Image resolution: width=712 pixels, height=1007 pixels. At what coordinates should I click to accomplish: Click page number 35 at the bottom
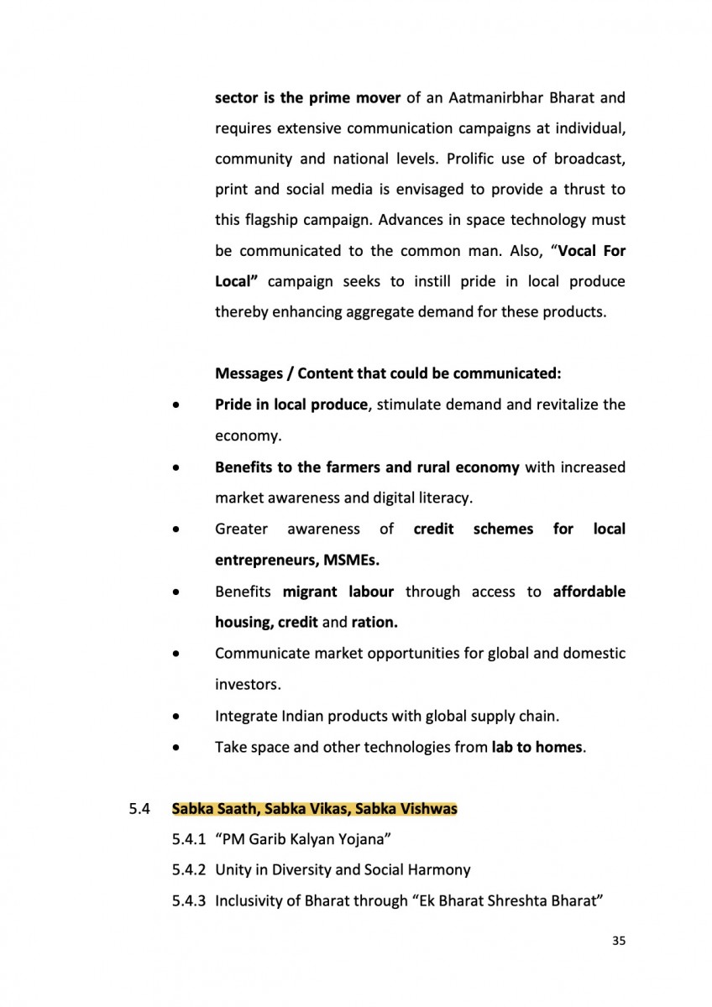619,941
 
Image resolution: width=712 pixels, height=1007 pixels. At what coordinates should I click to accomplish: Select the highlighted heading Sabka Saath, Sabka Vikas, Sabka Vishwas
314,810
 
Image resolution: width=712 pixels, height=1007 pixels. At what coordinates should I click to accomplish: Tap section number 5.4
139,810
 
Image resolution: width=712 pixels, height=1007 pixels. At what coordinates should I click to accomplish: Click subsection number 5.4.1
188,839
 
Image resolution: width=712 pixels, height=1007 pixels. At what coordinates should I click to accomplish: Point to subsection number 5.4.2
188,870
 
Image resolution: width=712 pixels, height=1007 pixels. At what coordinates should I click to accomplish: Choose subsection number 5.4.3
188,901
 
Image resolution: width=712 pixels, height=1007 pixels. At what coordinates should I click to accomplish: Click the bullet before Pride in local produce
175,405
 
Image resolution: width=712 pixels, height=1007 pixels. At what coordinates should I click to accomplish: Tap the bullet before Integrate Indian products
175,717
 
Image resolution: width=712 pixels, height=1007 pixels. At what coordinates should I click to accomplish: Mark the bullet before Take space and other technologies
175,747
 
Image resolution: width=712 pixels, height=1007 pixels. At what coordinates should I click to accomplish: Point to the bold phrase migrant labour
338,592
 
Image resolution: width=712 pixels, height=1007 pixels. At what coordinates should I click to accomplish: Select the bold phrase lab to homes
537,747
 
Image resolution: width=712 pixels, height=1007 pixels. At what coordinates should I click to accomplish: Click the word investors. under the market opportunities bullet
248,685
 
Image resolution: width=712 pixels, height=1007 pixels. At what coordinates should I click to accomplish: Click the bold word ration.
374,623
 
